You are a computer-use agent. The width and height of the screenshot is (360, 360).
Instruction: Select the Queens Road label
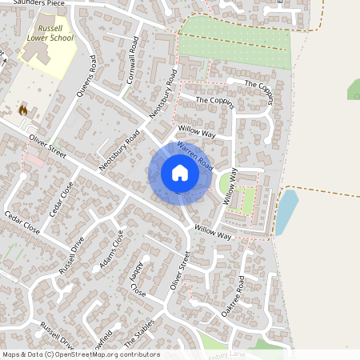(x=86, y=80)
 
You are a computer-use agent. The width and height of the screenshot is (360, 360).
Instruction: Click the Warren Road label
(x=194, y=155)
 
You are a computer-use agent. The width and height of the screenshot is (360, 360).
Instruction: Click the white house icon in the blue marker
(x=180, y=173)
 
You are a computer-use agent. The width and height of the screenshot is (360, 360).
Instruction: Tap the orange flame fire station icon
(x=22, y=110)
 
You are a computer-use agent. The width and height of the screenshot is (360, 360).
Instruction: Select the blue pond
(x=286, y=211)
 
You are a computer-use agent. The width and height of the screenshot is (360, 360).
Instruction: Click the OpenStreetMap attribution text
(x=80, y=354)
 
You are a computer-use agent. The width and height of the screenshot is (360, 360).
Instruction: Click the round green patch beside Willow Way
(x=226, y=185)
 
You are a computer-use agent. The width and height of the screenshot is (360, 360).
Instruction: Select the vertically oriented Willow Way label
(x=231, y=189)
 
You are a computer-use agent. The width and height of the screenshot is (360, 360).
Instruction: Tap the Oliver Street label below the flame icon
(x=46, y=145)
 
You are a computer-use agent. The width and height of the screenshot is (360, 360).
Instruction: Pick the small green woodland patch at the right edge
(x=353, y=90)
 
